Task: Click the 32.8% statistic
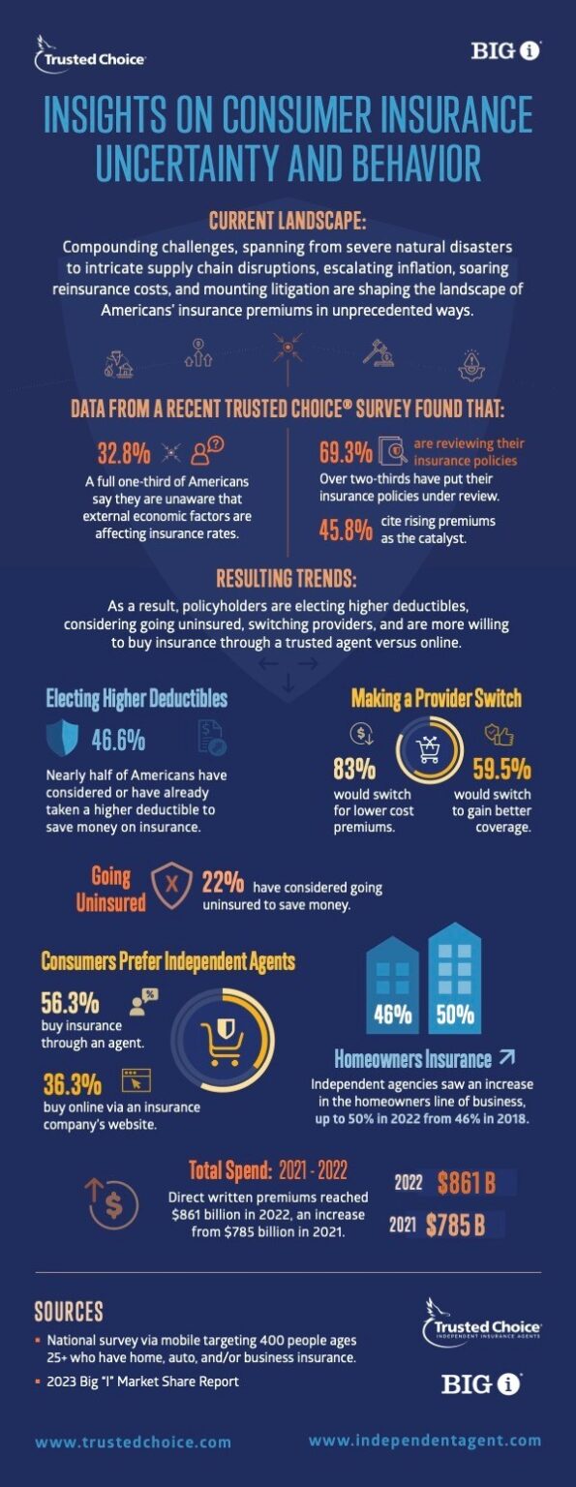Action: pos(124,452)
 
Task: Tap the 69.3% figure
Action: pos(345,452)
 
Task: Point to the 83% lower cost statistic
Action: pos(354,769)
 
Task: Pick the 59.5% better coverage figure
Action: pos(501,769)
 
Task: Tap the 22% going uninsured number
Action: pos(223,883)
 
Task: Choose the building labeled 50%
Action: pos(454,973)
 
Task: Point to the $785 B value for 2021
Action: pos(455,1225)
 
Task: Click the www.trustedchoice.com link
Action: pos(134,1442)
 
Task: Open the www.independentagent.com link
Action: pos(425,1441)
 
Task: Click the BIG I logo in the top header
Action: pos(505,51)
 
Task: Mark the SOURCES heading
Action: pos(69,1312)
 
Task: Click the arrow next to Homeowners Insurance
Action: pos(507,1057)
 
